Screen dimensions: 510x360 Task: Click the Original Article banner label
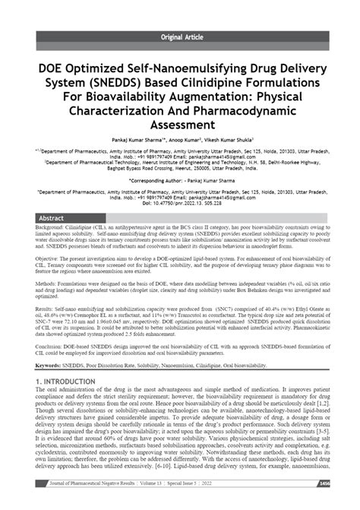click(x=179, y=36)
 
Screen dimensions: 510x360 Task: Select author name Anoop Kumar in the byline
click(x=184, y=141)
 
